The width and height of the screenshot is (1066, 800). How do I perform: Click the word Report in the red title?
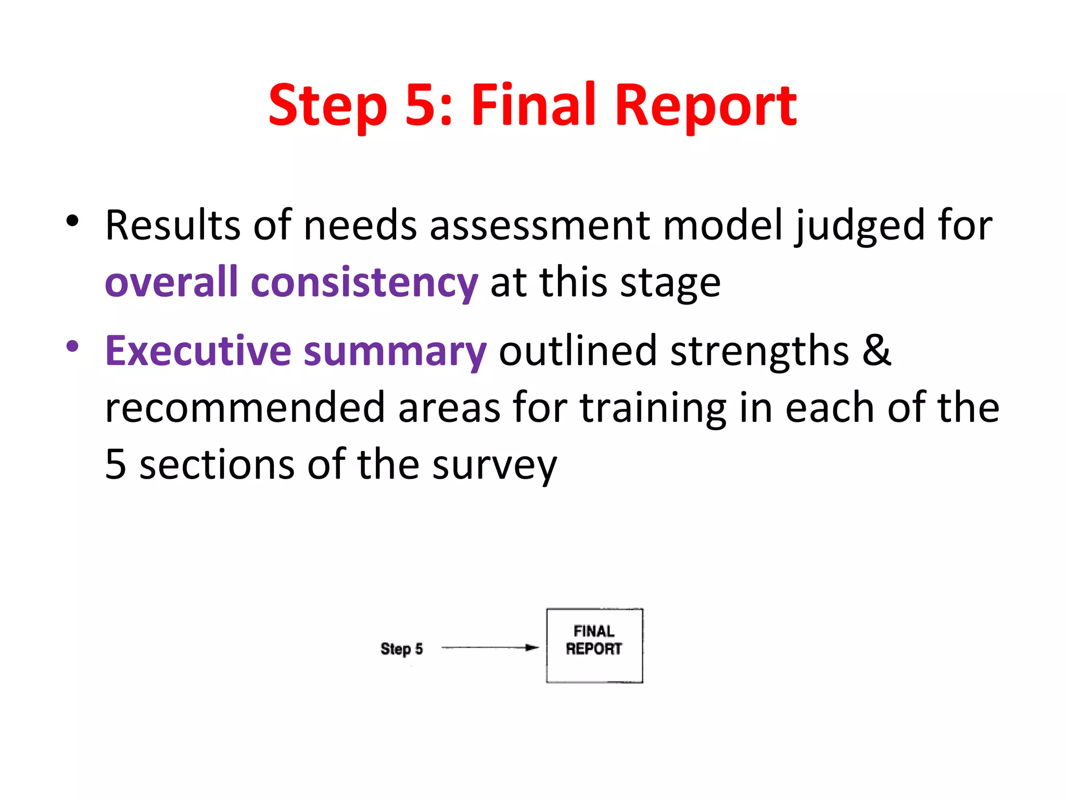706,107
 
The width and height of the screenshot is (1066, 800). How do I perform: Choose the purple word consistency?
364,283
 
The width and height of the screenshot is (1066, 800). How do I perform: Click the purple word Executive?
198,351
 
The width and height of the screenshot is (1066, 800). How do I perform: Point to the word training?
653,408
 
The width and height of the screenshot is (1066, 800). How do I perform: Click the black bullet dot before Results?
72,221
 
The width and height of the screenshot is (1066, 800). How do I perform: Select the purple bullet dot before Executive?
72,346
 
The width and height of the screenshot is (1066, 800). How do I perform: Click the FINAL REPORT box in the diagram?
594,645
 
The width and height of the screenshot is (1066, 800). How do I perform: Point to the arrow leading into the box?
489,648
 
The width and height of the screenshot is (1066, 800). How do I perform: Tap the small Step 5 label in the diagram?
401,649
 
